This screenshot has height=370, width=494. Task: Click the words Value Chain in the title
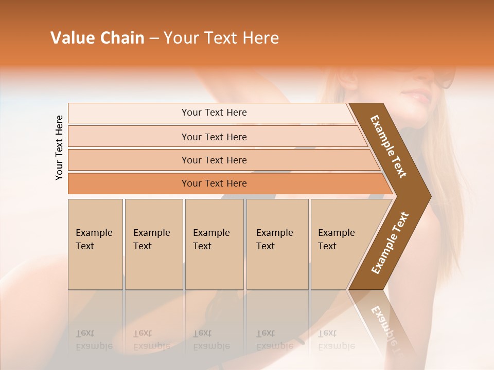pyautogui.click(x=97, y=38)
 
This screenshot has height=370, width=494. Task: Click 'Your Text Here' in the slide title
pyautogui.click(x=221, y=38)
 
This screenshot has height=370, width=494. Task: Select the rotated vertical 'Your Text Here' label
pyautogui.click(x=59, y=147)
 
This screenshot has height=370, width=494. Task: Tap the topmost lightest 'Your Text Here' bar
pyautogui.click(x=214, y=113)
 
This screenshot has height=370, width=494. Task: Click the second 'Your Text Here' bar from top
pyautogui.click(x=214, y=137)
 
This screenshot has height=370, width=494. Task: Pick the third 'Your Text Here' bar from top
pyautogui.click(x=214, y=160)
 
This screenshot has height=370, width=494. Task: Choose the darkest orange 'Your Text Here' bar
pyautogui.click(x=214, y=183)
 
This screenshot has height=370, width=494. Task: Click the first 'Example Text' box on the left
pyautogui.click(x=95, y=244)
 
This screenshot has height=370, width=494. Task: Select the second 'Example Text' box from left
pyautogui.click(x=153, y=244)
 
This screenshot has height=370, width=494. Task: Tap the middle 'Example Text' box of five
pyautogui.click(x=214, y=244)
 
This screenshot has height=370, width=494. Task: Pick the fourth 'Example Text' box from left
pyautogui.click(x=277, y=244)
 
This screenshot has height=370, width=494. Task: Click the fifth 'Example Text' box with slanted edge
pyautogui.click(x=340, y=244)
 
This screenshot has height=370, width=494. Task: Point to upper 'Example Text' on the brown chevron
pyautogui.click(x=389, y=146)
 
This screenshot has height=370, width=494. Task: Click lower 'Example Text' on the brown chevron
pyautogui.click(x=390, y=243)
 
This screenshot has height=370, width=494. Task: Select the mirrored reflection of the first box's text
pyautogui.click(x=94, y=340)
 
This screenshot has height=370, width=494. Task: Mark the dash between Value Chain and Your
pyautogui.click(x=154, y=39)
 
